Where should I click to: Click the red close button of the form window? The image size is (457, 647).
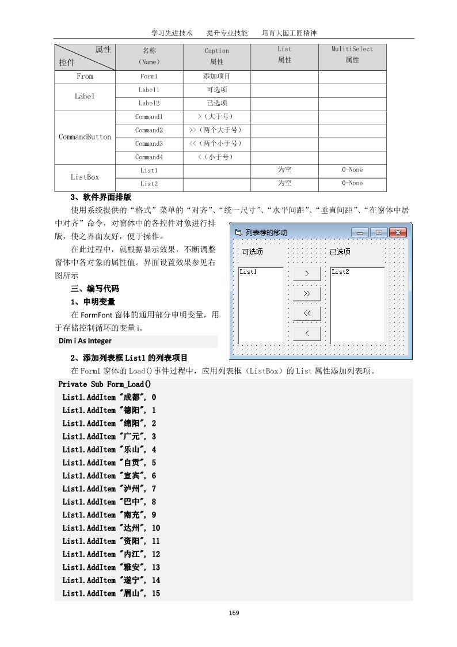tap(398, 233)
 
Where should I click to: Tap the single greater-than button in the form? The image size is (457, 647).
tap(307, 274)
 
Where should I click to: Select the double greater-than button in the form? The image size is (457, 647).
tap(307, 294)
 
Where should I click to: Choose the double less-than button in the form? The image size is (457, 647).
tap(307, 313)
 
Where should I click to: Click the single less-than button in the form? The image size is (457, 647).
tap(307, 334)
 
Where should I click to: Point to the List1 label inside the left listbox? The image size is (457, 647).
tap(248, 271)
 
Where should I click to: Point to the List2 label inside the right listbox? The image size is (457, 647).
tap(340, 271)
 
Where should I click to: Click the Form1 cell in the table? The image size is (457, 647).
tap(149, 76)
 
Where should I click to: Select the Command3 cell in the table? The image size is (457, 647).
tap(149, 143)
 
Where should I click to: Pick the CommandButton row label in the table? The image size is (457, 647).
tap(85, 137)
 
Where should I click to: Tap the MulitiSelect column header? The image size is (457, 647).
tap(352, 54)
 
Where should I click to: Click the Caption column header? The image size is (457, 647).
tap(216, 56)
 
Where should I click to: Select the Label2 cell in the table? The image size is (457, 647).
tap(149, 103)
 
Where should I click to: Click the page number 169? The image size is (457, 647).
tap(234, 612)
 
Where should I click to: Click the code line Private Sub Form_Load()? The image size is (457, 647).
tap(104, 384)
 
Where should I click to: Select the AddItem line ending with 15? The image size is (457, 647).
tap(111, 593)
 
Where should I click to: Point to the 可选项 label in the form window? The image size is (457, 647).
tap(252, 252)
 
